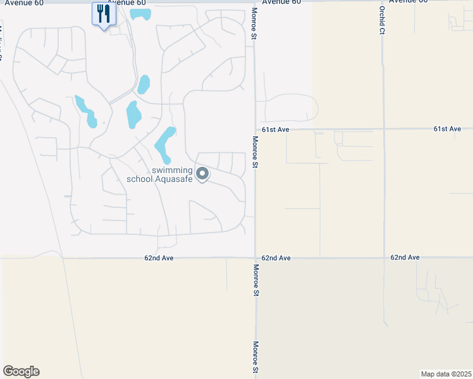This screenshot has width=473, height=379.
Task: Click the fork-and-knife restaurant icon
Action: click(104, 13)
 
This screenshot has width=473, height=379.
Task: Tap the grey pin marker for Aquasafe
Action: click(202, 173)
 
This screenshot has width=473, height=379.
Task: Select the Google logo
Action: click(21, 371)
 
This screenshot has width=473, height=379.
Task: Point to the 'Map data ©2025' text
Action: click(446, 373)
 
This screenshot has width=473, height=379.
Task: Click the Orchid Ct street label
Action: click(382, 20)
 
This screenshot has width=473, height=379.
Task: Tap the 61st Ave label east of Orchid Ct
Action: click(447, 129)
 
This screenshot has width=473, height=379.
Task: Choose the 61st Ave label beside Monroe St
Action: click(276, 129)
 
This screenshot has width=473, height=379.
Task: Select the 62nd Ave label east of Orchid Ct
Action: click(405, 258)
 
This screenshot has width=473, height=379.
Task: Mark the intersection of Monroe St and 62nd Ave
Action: click(255, 258)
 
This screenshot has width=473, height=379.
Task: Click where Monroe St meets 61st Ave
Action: click(255, 129)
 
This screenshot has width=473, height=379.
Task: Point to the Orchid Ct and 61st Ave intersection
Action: click(383, 129)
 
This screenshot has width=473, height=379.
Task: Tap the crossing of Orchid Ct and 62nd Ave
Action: click(384, 258)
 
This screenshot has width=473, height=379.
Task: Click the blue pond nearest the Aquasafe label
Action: click(165, 144)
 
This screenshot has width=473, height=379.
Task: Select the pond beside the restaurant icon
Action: click(140, 13)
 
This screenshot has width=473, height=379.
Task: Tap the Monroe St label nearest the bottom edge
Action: click(255, 357)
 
